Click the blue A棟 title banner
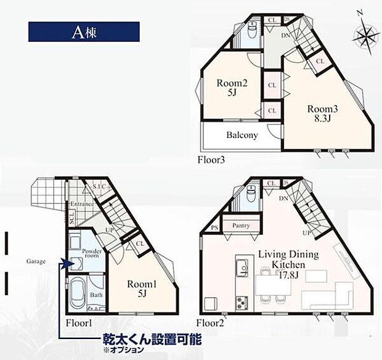coord(84,32)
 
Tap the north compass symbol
coord(364,34)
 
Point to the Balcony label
coord(242,135)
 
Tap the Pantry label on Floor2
coord(242,226)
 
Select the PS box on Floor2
coord(214,227)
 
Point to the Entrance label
coord(81,204)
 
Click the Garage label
coord(35,261)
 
